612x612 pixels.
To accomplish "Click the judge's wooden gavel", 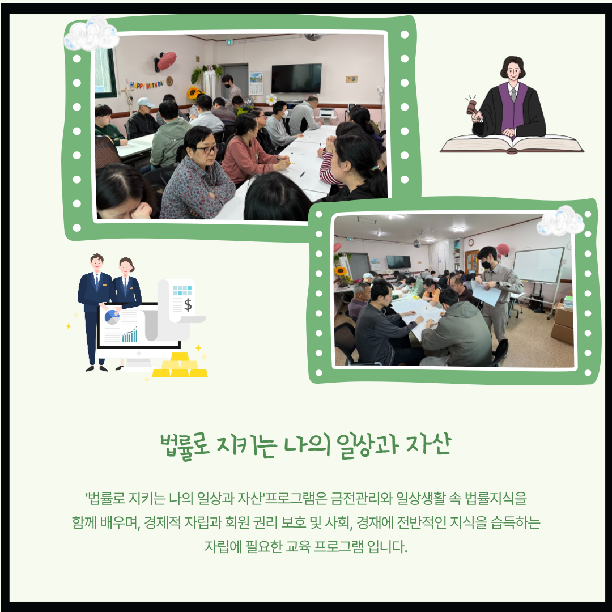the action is (x=471, y=107).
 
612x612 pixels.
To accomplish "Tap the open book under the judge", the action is (x=512, y=144).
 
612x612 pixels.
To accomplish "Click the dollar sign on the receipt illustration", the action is (x=188, y=304).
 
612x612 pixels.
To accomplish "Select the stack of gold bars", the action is (x=180, y=365).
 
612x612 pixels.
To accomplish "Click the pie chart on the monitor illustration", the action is (x=112, y=317).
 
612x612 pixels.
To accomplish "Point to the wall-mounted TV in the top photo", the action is (x=296, y=78).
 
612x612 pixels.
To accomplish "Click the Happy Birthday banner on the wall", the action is (x=147, y=84).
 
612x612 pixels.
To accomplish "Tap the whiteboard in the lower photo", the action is (x=538, y=265).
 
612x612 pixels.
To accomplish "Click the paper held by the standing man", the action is (x=486, y=293).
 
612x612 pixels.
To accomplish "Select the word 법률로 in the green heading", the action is (x=185, y=445).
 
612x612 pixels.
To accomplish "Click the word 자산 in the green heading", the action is (x=428, y=444).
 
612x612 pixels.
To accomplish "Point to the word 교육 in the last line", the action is (x=298, y=546).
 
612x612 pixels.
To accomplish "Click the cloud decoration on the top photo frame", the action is (x=92, y=35).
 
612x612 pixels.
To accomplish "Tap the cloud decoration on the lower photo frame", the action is (x=560, y=221).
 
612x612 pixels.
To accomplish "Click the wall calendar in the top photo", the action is (x=256, y=83).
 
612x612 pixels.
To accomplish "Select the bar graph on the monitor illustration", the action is (x=130, y=334).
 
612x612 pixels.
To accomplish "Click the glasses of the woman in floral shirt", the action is (x=206, y=149).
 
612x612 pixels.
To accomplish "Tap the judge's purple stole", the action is (x=513, y=107).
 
